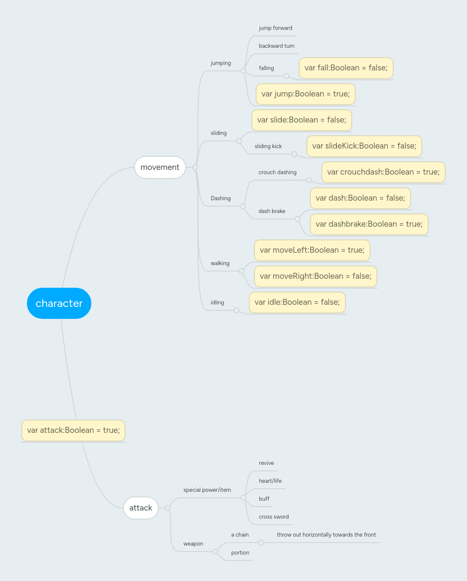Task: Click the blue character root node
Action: (59, 303)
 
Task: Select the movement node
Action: (160, 167)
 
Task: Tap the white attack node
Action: (141, 508)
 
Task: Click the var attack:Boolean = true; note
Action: (73, 430)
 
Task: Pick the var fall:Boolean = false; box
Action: (346, 68)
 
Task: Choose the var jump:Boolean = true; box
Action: (305, 94)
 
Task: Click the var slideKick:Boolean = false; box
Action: (364, 146)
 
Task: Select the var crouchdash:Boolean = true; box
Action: (383, 172)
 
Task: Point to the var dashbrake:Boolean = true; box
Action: (369, 224)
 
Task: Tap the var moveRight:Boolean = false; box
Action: (315, 276)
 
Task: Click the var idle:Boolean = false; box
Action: (297, 302)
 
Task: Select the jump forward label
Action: (275, 28)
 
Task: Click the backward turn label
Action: (277, 46)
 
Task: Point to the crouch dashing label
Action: (277, 172)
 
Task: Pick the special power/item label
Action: (207, 490)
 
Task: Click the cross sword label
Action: (274, 517)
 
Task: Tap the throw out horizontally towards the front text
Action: (326, 535)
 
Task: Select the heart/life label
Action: (270, 481)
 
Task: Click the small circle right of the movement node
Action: (195, 167)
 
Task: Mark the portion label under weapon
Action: (240, 553)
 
